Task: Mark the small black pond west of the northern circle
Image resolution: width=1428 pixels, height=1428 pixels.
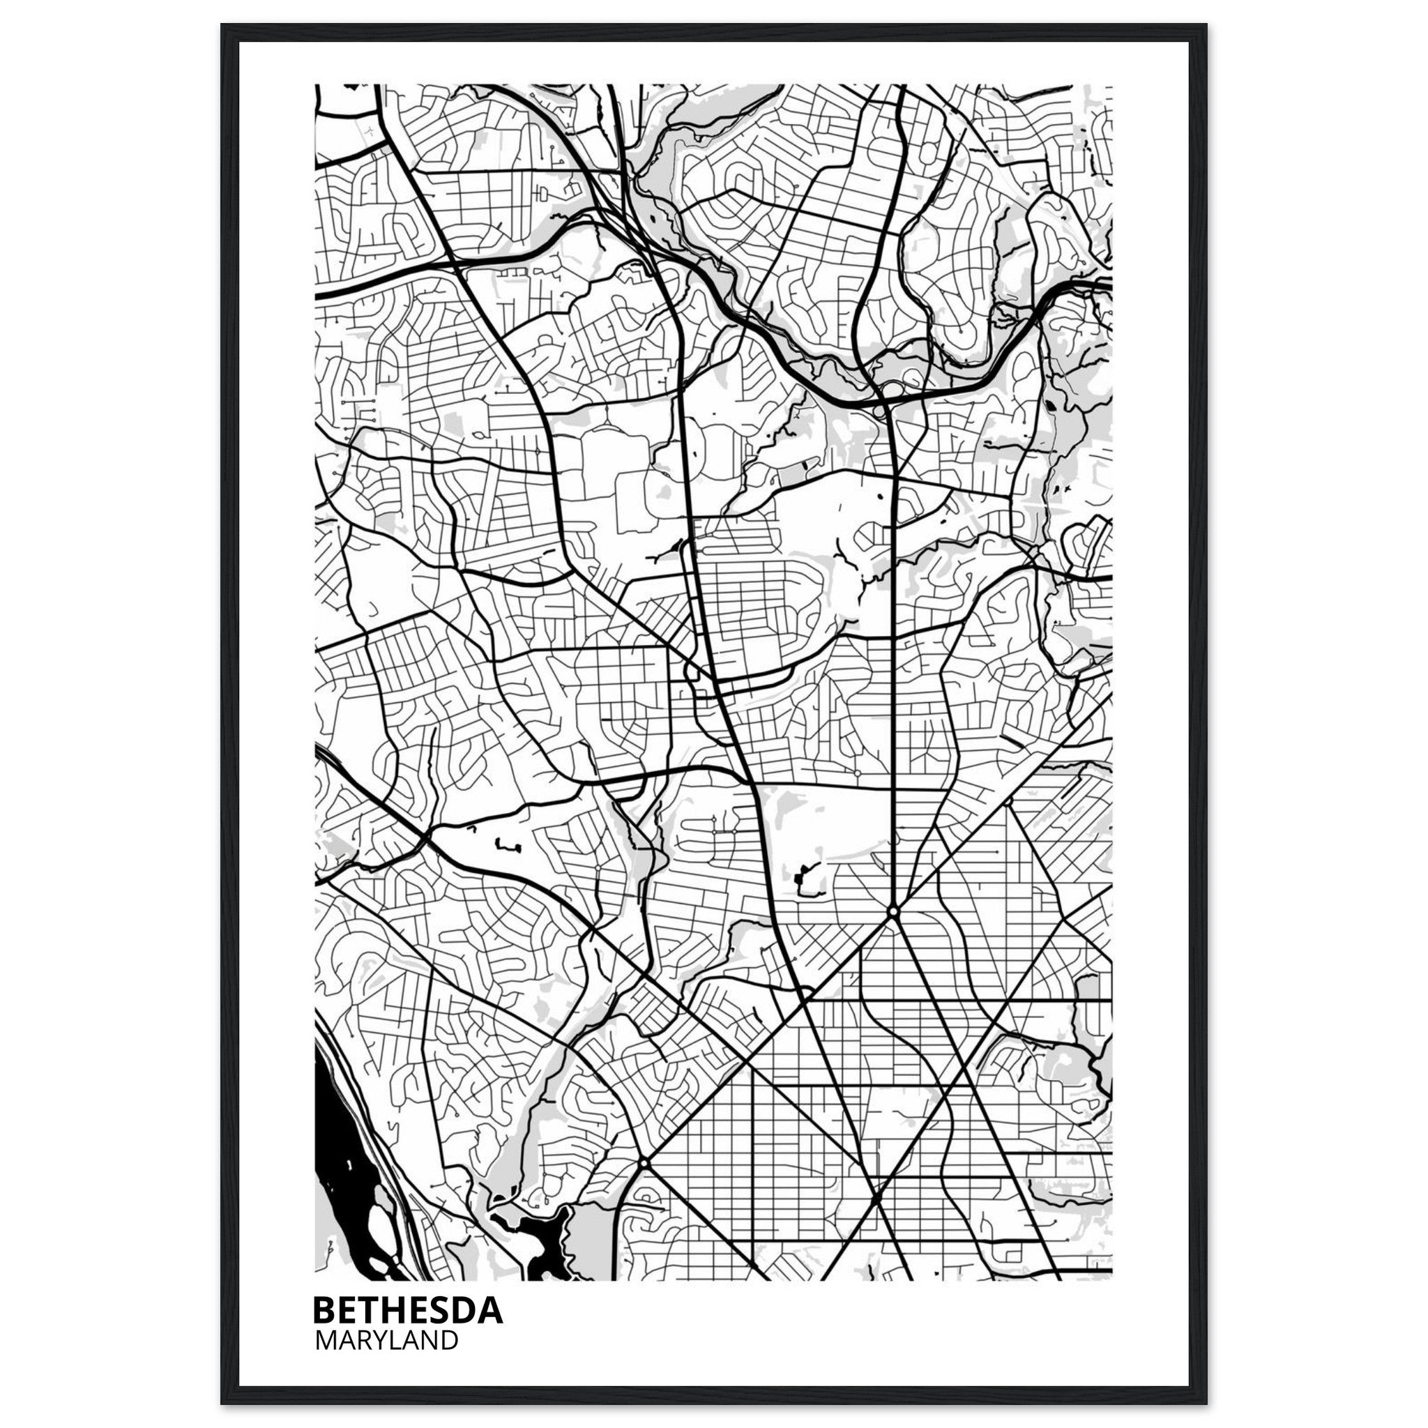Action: [x=800, y=876]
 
